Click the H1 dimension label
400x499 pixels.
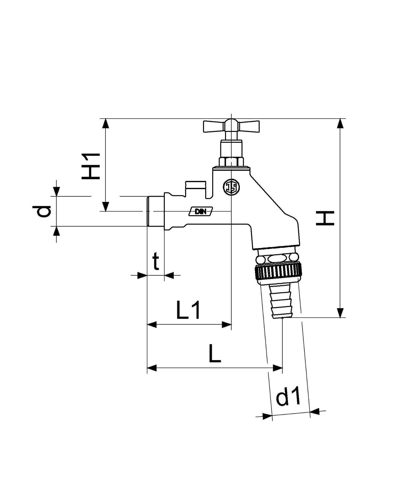(x=91, y=166)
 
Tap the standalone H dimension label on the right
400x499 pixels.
(x=325, y=218)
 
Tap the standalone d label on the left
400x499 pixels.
(x=42, y=211)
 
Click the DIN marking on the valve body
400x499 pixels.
(x=200, y=211)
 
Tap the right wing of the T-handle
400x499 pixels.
(x=248, y=127)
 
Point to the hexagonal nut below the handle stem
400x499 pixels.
(x=231, y=162)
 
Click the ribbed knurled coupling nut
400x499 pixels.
(x=278, y=274)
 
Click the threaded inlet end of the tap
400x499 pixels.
(x=156, y=211)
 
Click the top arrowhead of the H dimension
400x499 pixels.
(x=340, y=123)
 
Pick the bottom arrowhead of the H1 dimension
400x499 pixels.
(x=106, y=207)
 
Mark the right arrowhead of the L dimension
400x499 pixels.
(x=278, y=368)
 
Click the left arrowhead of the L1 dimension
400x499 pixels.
(x=152, y=325)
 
